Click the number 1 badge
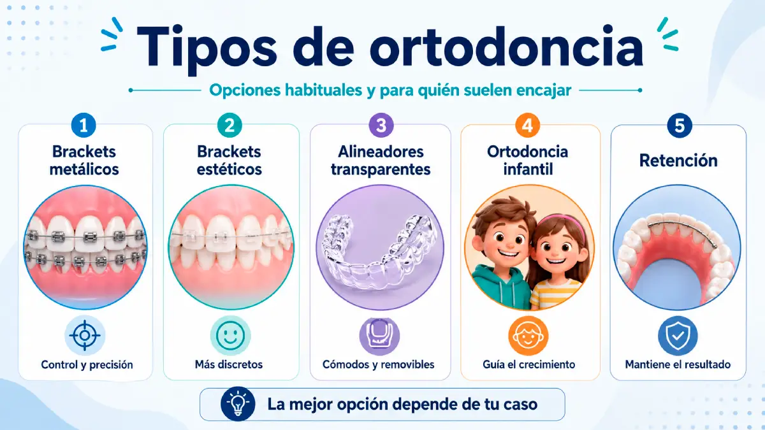[84, 125]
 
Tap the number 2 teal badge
[229, 125]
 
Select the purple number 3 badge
[381, 125]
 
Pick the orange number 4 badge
[527, 125]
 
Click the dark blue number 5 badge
[680, 125]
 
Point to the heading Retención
[678, 160]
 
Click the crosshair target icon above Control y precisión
[85, 336]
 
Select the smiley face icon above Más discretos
[230, 336]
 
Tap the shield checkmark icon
[678, 336]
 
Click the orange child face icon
[528, 336]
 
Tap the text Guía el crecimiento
[529, 364]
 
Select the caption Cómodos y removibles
[379, 364]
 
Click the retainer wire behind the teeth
[676, 223]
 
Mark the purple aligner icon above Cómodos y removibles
[379, 336]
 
